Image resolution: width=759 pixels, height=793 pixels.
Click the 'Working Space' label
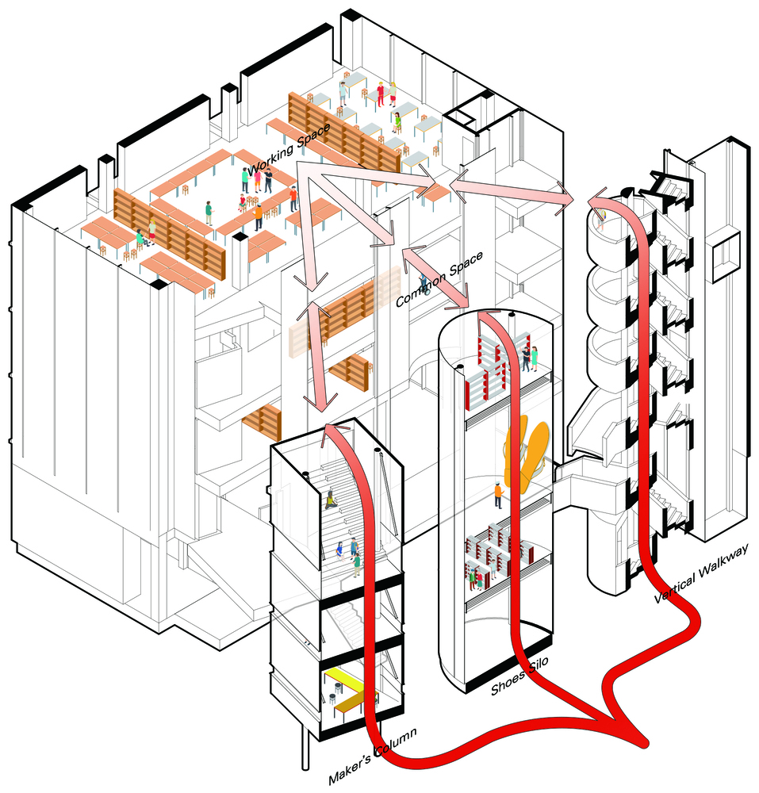(289, 149)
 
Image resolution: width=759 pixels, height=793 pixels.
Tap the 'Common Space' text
(439, 279)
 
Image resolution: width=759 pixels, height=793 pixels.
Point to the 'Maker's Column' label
(373, 756)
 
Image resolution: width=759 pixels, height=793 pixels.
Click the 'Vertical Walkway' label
(701, 573)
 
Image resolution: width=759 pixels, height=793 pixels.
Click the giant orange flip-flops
(526, 453)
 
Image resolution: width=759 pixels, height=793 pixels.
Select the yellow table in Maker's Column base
(345, 688)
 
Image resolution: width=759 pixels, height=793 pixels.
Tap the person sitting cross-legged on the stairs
(332, 500)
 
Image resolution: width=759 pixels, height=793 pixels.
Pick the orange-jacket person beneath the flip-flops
(499, 495)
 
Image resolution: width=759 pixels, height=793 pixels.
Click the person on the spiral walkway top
(601, 219)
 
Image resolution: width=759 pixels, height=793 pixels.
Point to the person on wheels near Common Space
(424, 284)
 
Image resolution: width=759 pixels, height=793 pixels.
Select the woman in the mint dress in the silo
(535, 358)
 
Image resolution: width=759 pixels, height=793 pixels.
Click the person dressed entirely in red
(380, 94)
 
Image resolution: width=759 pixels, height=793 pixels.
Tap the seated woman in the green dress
(397, 121)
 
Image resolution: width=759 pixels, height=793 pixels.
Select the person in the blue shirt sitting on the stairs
(339, 550)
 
